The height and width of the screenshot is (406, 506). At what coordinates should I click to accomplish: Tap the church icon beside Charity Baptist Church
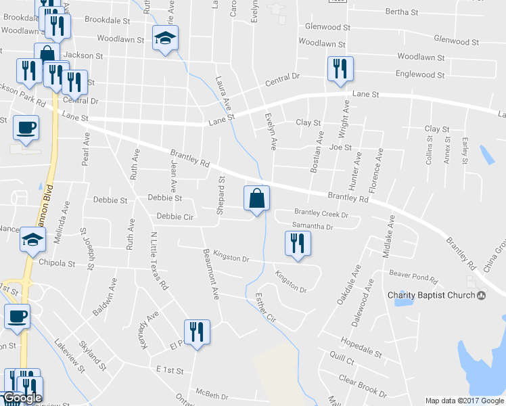point(481,294)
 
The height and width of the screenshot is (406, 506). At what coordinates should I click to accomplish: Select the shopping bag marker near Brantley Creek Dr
point(256,200)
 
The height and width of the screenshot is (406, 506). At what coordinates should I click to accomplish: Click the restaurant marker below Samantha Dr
point(296,244)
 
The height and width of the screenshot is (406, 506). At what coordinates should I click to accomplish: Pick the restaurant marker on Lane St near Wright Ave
point(338,70)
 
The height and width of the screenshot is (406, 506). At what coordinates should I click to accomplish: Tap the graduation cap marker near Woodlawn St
point(164,39)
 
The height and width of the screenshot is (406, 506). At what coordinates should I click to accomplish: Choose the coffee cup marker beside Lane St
point(26,128)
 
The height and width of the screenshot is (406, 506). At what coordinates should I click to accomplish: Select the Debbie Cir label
point(174,217)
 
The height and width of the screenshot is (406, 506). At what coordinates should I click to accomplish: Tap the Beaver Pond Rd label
point(414,273)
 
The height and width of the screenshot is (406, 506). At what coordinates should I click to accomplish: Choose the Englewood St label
point(419,74)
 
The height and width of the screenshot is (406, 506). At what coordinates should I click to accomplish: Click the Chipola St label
point(57,263)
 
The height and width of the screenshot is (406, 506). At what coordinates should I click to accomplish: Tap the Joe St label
point(340,147)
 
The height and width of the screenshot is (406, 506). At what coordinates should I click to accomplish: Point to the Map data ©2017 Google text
point(465,401)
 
